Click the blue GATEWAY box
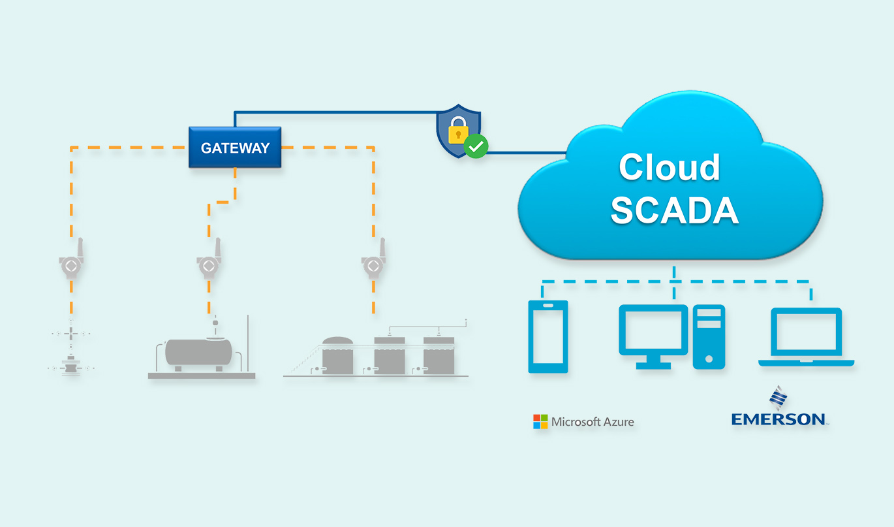click(x=235, y=148)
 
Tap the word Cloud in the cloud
click(x=669, y=168)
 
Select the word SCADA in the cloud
click(x=674, y=211)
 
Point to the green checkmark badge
click(x=476, y=147)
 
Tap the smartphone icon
click(x=548, y=336)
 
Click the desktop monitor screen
click(x=653, y=329)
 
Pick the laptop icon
click(x=806, y=337)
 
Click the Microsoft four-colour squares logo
click(x=540, y=422)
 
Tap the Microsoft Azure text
click(x=593, y=422)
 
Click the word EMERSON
click(x=778, y=419)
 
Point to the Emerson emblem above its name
click(x=777, y=398)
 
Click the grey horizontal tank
click(x=198, y=352)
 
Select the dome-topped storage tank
click(x=337, y=356)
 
